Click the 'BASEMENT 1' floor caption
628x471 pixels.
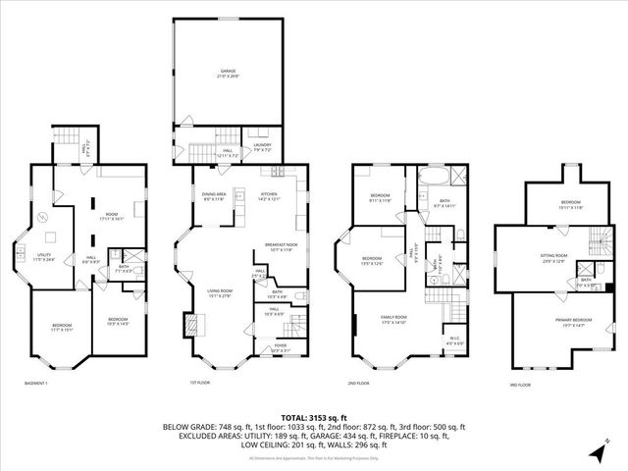pos(36,383)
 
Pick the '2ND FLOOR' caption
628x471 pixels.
pos(358,383)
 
